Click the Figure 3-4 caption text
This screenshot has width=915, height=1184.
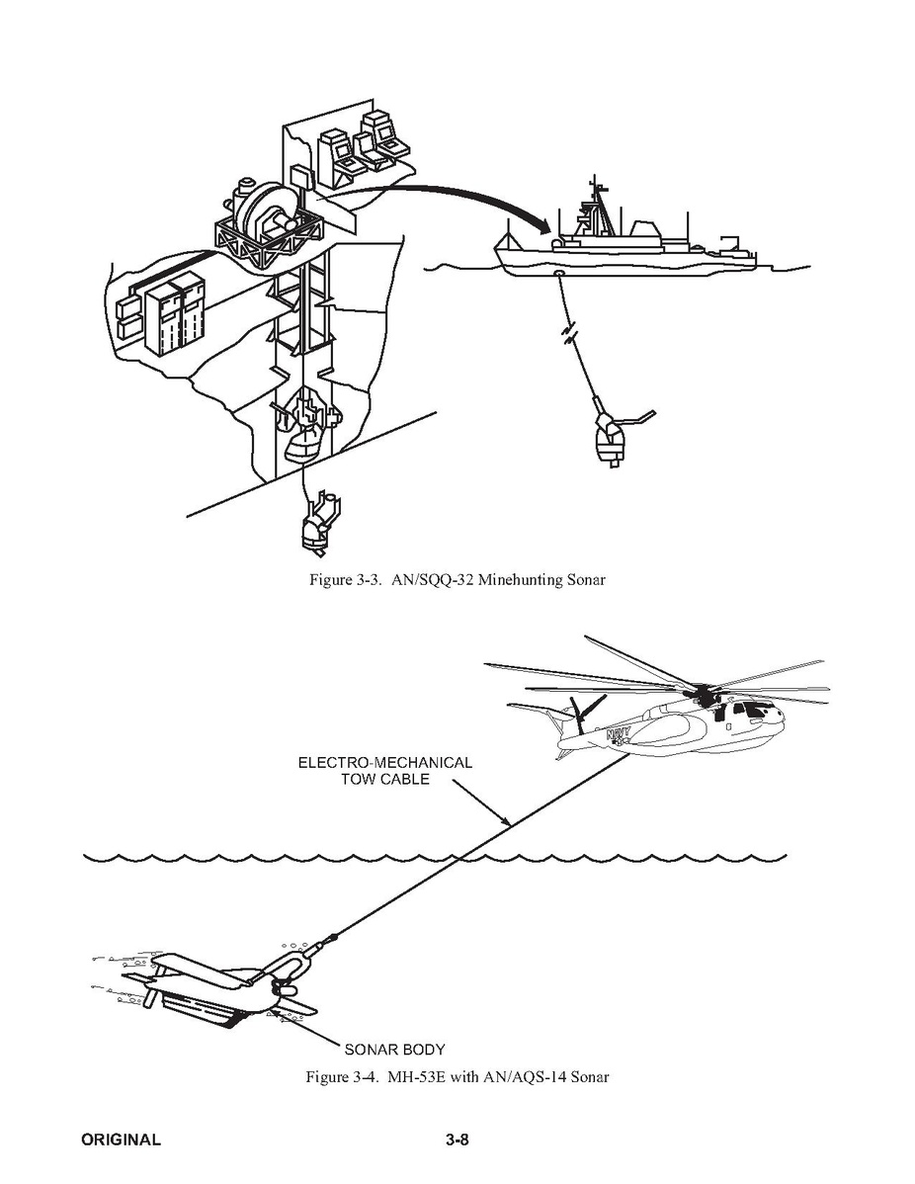tap(457, 1076)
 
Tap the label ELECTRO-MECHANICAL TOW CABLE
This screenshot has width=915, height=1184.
tap(385, 771)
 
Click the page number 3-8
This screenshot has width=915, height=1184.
tap(457, 1140)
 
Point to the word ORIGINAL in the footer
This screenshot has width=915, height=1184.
tap(121, 1140)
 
